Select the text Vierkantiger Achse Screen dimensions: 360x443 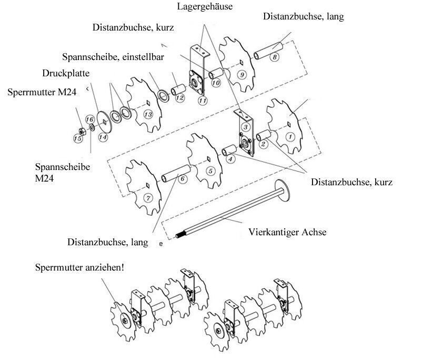(287, 232)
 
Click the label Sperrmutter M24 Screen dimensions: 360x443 (42, 92)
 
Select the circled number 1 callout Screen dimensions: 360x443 (289, 135)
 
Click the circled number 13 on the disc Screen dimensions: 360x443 (148, 114)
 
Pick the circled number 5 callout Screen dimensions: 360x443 (210, 171)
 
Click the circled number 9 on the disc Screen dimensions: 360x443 (241, 75)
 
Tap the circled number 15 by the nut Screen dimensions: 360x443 (77, 138)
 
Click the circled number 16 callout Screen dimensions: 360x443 (89, 119)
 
